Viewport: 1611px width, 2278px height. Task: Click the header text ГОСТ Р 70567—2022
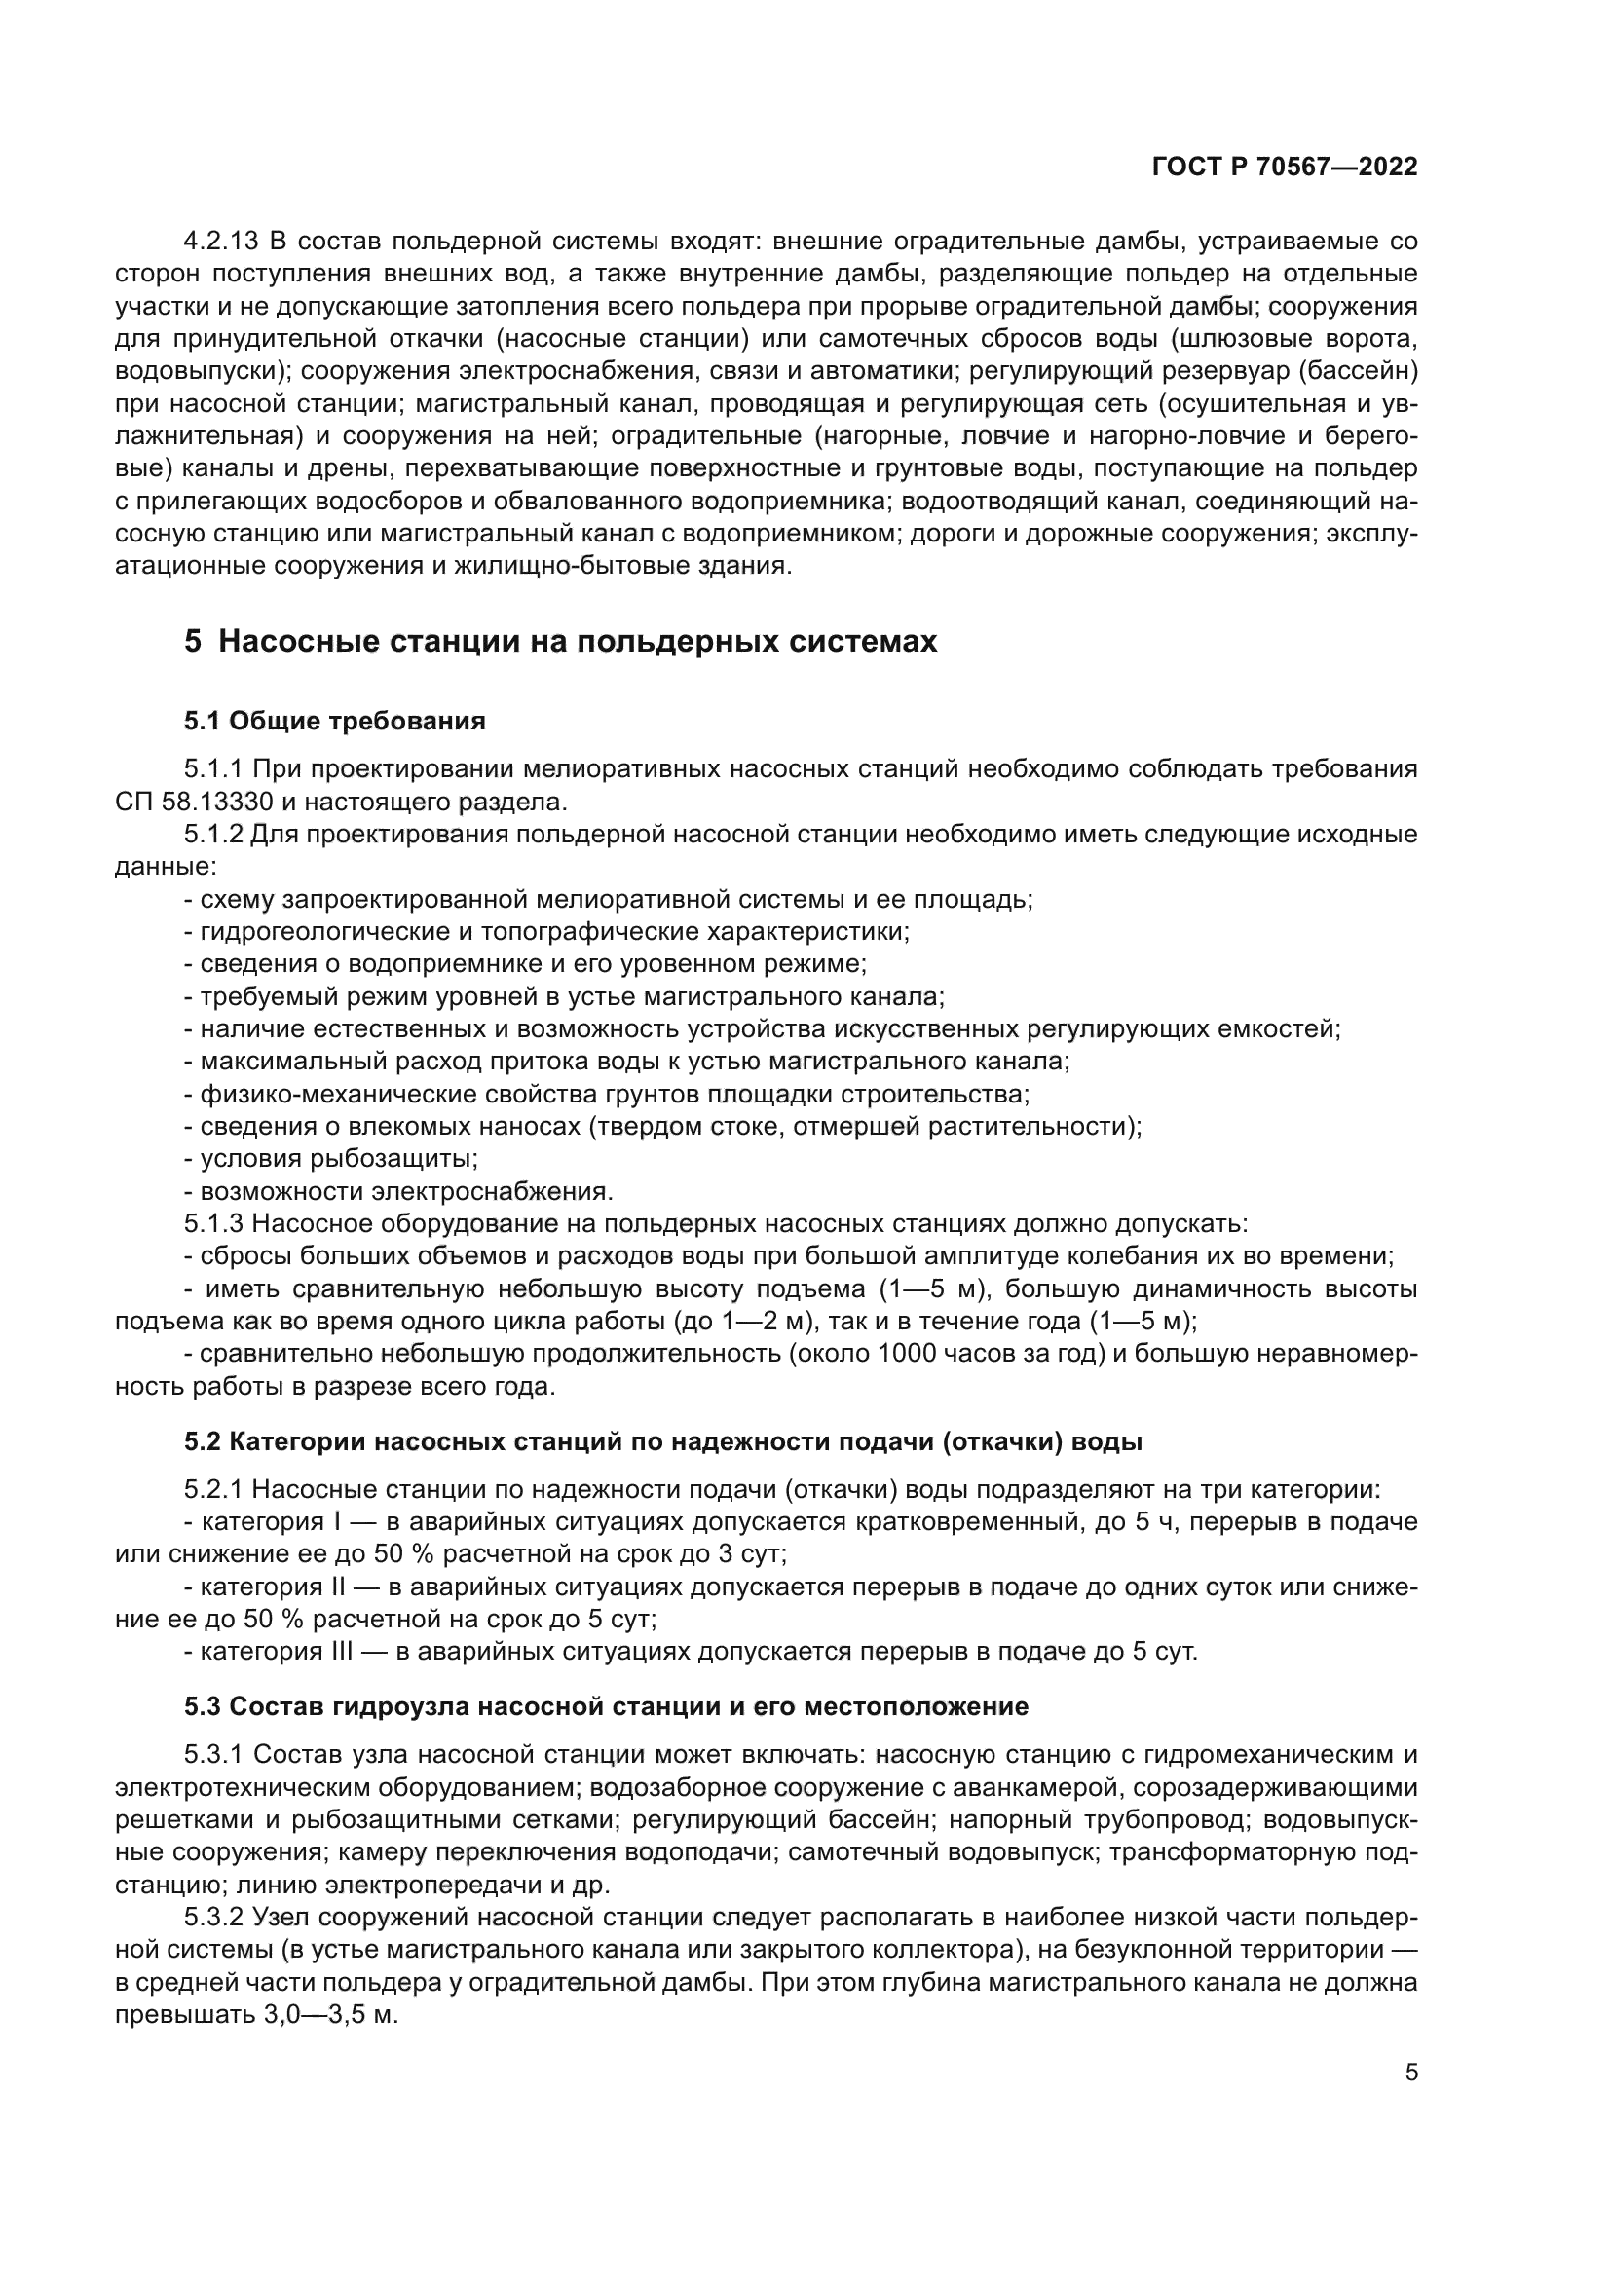pos(1285,168)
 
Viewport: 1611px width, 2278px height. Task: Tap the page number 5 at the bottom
pos(1411,2073)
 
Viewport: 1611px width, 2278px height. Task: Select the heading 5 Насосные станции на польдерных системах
pos(560,642)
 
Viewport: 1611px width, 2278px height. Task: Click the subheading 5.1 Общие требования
pos(334,722)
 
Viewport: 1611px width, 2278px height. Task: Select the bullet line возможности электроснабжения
pos(399,1191)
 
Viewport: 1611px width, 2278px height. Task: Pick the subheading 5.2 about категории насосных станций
pos(662,1441)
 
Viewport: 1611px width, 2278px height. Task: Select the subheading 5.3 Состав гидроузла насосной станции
pos(605,1706)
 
